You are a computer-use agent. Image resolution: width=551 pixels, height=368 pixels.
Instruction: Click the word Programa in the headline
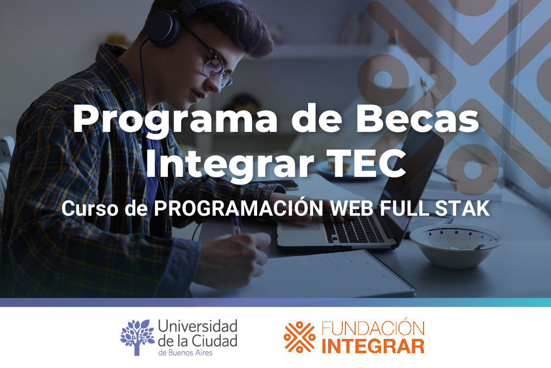click(175, 119)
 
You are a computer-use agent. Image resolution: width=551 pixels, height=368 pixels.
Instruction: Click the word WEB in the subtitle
click(352, 208)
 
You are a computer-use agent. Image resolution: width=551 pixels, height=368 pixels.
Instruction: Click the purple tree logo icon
click(137, 337)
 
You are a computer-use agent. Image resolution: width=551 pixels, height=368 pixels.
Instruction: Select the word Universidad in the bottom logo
click(198, 326)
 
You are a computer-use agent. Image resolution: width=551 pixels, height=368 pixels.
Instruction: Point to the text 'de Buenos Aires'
click(185, 353)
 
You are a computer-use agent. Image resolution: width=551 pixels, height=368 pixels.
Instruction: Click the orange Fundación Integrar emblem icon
click(299, 337)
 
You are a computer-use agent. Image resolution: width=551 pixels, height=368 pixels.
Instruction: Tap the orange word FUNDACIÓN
click(373, 328)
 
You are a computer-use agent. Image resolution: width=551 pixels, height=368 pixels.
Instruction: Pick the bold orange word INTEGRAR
click(373, 346)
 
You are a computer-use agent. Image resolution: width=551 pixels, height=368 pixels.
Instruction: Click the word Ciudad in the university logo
click(215, 340)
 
